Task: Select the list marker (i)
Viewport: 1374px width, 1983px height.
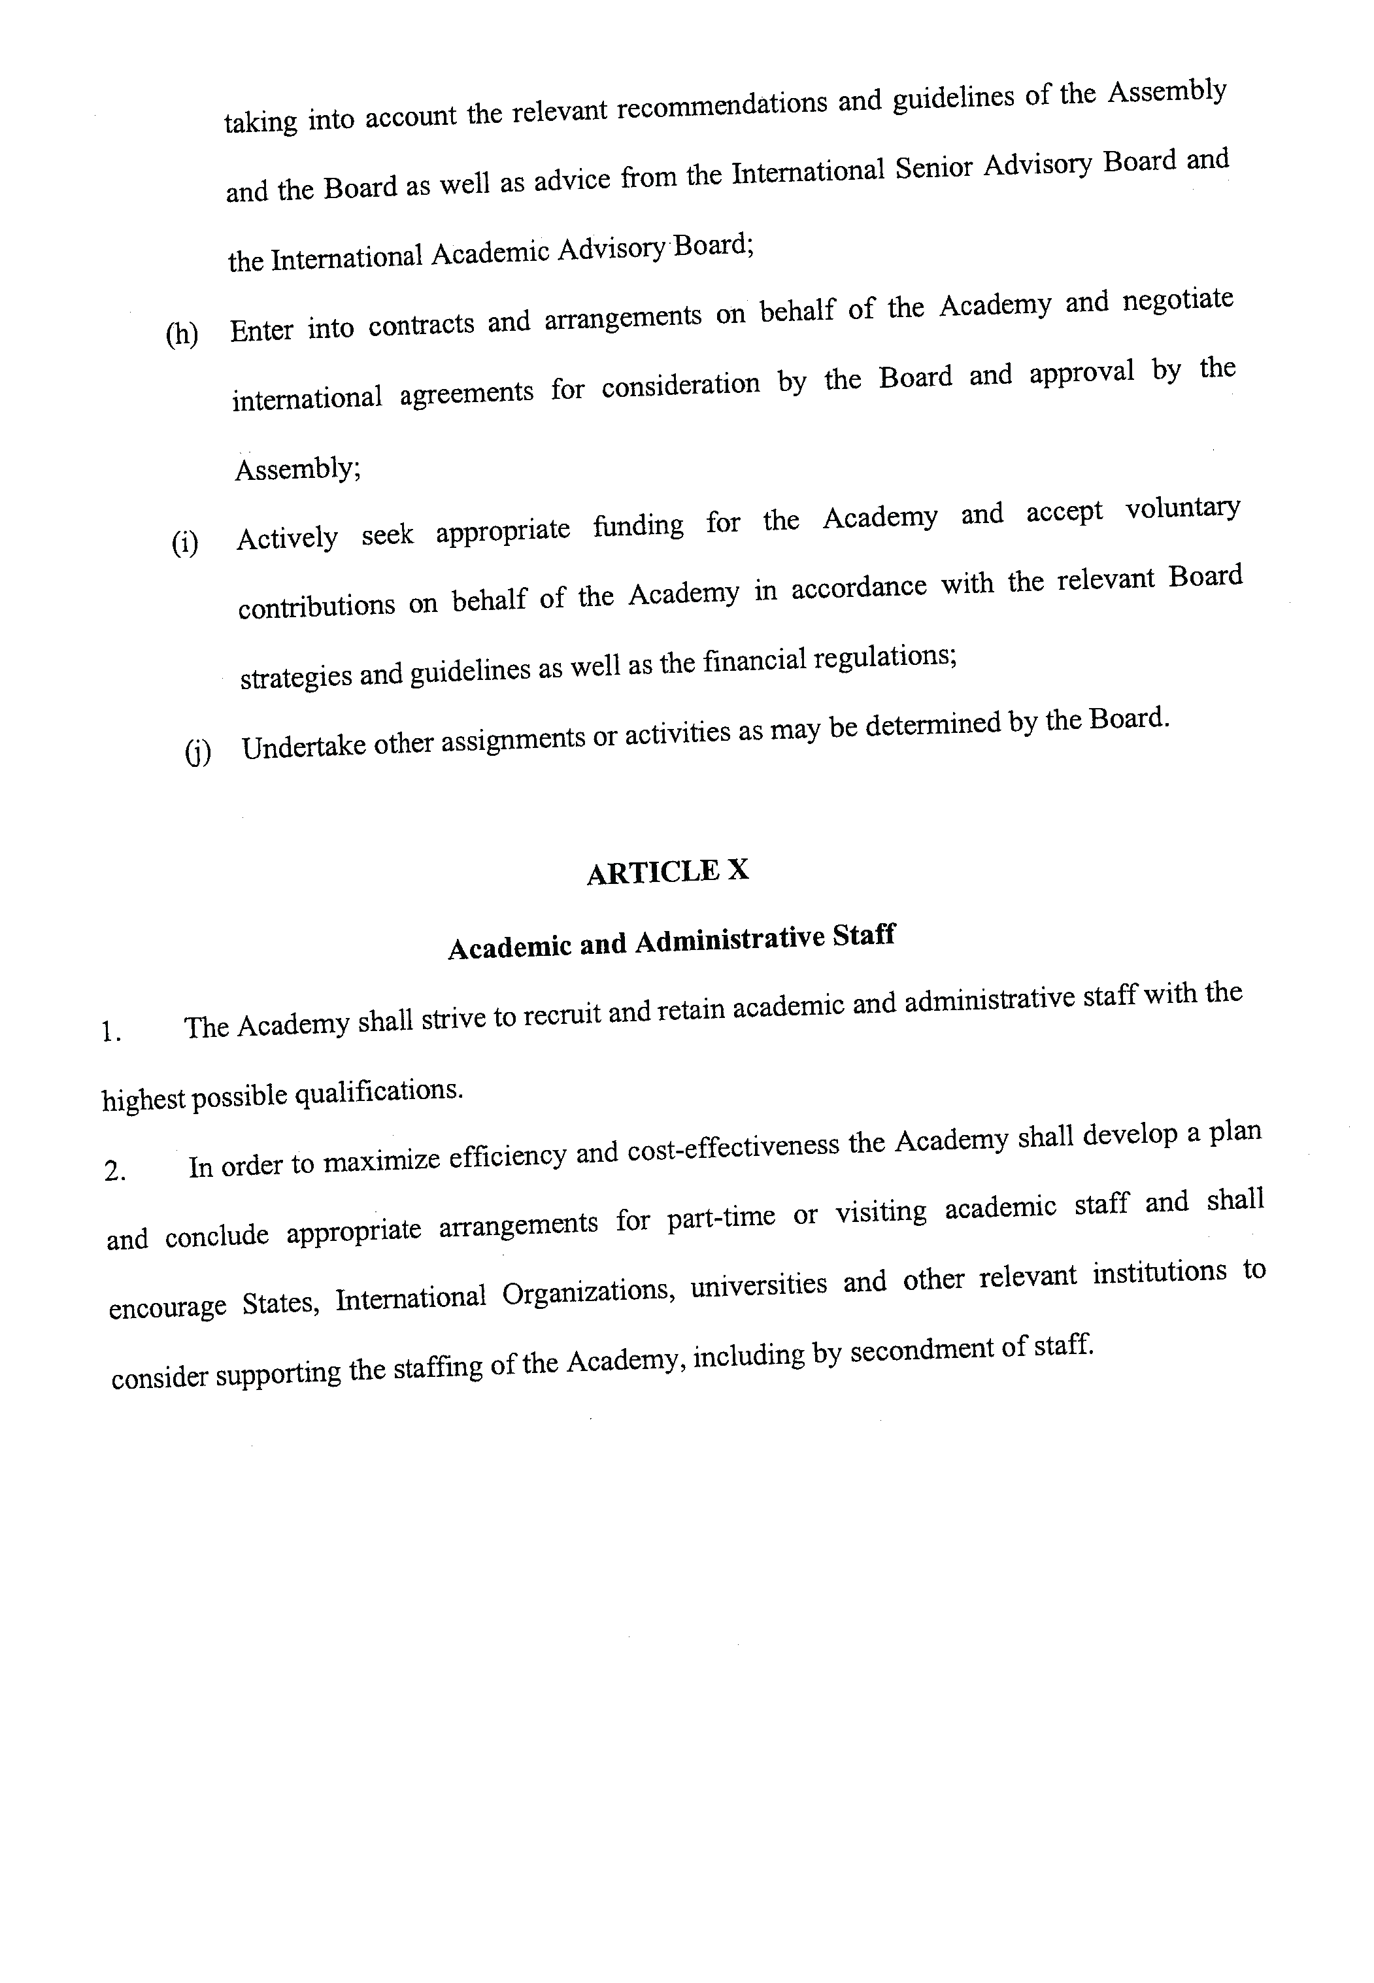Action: [185, 543]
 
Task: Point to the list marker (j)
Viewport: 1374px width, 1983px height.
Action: [197, 752]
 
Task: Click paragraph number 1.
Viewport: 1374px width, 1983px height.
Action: [111, 1032]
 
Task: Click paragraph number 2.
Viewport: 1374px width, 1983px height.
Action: [115, 1172]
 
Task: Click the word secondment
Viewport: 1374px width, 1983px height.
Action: [920, 1351]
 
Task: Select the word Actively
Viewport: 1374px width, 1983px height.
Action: [287, 538]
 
